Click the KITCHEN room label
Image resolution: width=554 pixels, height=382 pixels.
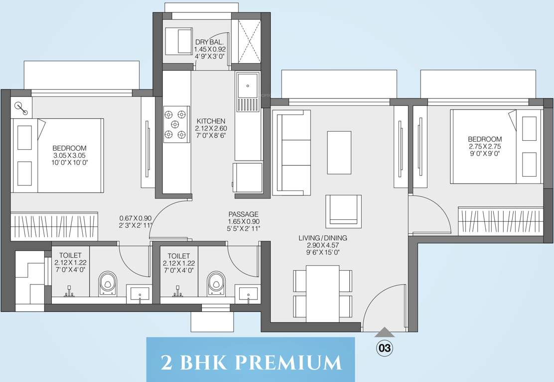211,121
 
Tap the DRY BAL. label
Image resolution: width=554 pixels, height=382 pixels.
210,42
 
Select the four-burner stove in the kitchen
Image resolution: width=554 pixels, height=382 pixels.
176,124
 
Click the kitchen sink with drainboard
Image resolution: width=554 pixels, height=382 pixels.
248,92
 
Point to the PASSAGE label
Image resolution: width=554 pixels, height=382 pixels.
243,214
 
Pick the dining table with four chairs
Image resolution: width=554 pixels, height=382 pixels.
322,293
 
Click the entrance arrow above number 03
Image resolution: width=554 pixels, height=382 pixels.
384,332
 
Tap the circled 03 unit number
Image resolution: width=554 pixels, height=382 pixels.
384,348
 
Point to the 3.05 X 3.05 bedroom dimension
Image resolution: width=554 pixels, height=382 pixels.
69,155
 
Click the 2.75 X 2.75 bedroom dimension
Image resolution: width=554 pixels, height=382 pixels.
485,146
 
